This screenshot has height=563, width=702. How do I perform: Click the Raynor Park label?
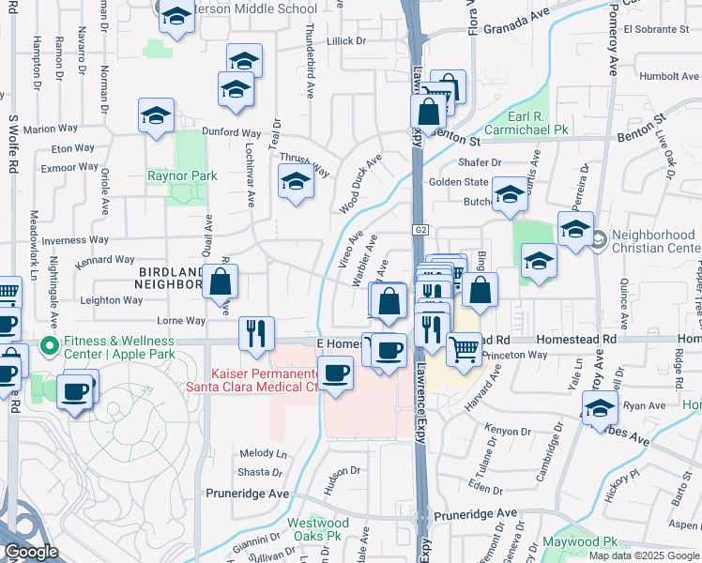[x=182, y=175]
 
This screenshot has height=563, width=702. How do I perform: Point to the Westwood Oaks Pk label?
[x=313, y=529]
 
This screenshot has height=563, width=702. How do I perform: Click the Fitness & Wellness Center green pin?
[x=46, y=342]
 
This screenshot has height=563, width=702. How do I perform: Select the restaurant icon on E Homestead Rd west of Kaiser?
[x=256, y=333]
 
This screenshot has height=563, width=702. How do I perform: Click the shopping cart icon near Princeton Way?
[x=465, y=349]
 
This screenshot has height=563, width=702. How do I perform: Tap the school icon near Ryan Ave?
[x=600, y=408]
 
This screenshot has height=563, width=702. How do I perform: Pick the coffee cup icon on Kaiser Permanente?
[x=336, y=374]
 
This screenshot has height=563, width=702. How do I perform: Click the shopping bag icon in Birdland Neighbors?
[x=220, y=281]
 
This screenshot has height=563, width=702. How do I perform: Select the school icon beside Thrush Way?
[x=296, y=182]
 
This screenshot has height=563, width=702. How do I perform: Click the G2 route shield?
[x=420, y=230]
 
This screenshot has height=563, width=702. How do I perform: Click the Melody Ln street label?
[x=263, y=452]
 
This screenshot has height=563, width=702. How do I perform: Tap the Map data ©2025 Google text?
[x=644, y=555]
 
